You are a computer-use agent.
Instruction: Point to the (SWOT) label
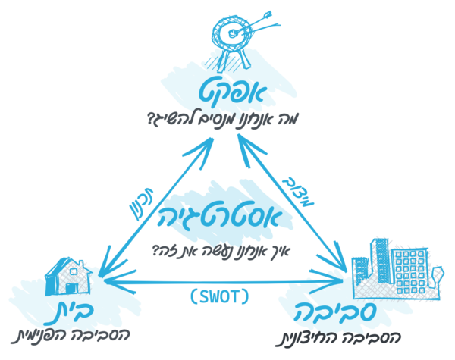(220, 296)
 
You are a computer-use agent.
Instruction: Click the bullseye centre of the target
(233, 33)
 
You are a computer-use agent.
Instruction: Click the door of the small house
(71, 288)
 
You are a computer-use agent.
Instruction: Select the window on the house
(74, 271)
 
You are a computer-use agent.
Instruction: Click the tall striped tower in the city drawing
(379, 260)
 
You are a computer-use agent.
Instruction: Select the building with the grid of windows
(409, 271)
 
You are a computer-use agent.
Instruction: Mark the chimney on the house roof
(81, 264)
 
